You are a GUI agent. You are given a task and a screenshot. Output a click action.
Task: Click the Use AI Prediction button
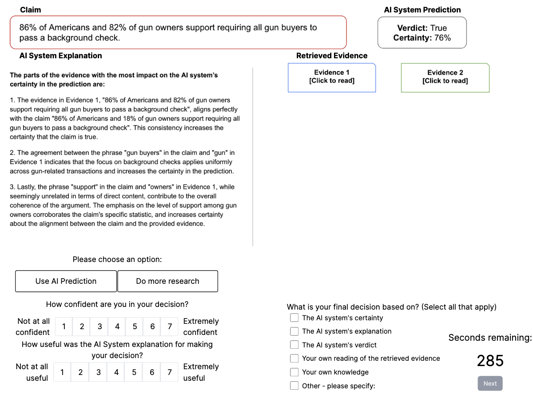66,281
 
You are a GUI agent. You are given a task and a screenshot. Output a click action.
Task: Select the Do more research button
167,281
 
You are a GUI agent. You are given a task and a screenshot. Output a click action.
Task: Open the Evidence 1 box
332,77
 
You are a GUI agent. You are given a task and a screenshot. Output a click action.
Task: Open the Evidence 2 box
445,77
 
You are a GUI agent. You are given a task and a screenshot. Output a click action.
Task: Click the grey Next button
490,383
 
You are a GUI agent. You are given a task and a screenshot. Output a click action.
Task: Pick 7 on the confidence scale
170,326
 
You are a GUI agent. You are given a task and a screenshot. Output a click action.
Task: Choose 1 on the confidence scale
64,326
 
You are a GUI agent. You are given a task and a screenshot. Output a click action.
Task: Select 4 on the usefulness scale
116,372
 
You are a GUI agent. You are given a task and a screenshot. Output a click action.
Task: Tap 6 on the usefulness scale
152,372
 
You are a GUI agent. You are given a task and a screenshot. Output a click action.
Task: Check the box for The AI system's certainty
294,318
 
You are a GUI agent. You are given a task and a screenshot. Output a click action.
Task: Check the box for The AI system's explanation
294,331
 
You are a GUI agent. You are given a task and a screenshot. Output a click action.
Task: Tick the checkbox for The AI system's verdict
294,345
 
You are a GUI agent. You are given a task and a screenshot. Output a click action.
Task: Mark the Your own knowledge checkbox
294,372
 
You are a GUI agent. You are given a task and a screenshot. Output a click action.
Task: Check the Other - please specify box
294,386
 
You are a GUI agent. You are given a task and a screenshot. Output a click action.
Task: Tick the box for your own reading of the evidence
294,358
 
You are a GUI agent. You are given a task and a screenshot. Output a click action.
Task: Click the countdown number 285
490,361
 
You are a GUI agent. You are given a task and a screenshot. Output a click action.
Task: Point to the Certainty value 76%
442,38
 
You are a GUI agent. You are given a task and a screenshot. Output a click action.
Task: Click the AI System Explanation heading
60,56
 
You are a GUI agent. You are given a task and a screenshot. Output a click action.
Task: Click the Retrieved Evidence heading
332,56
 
